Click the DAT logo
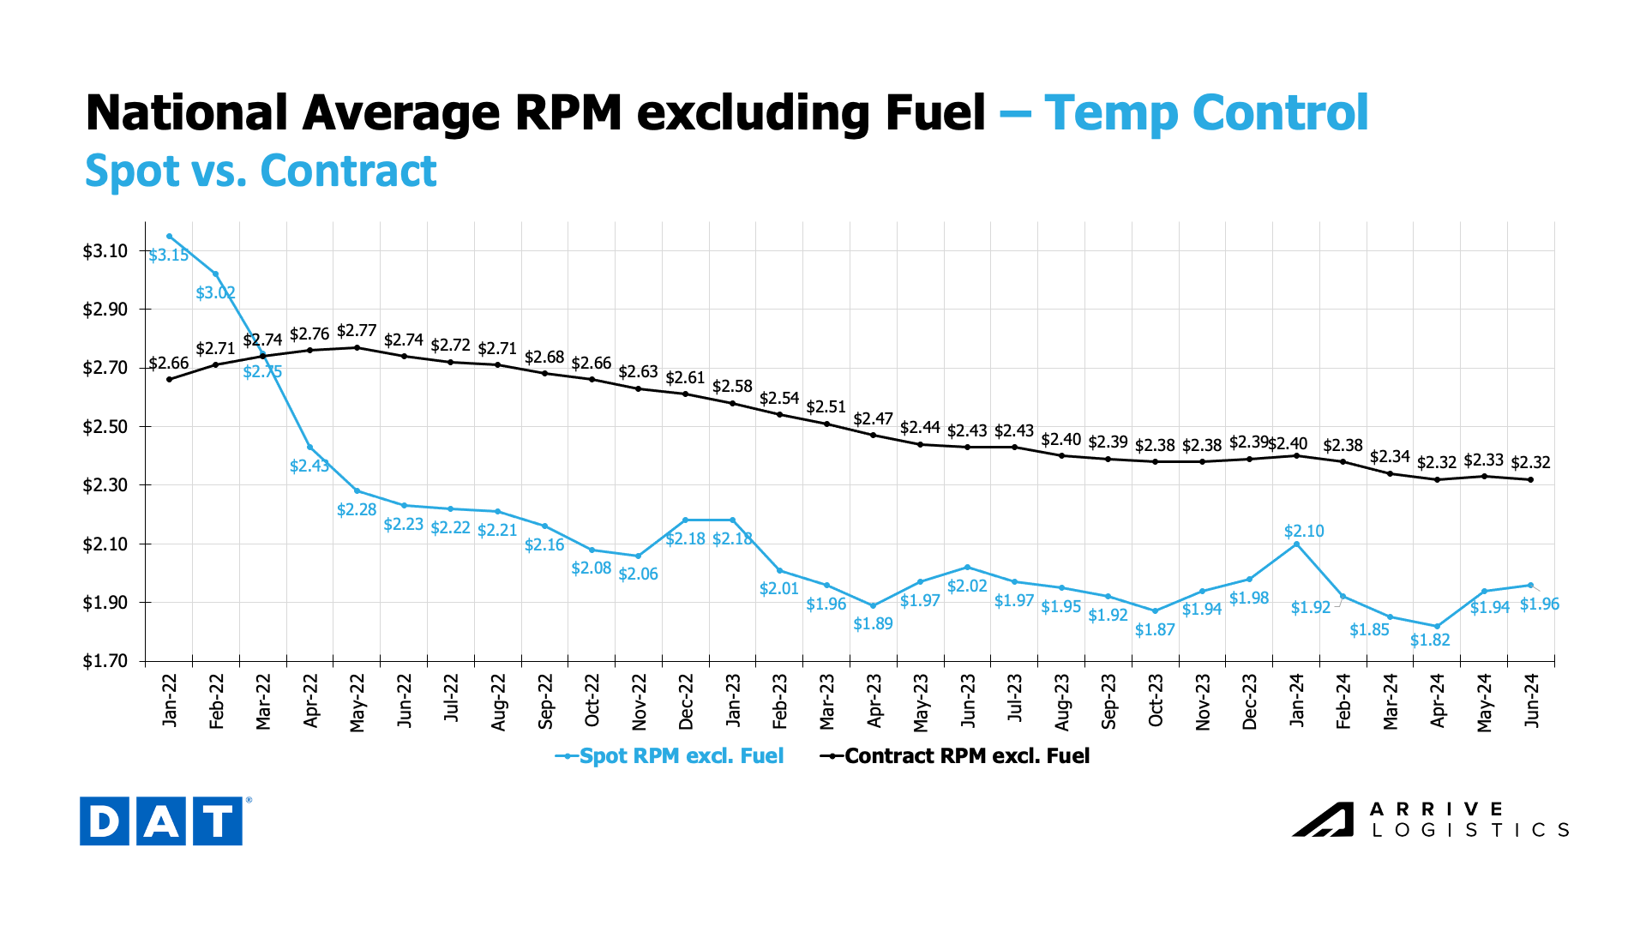(161, 821)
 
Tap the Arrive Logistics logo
(1430, 820)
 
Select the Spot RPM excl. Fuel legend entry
(670, 756)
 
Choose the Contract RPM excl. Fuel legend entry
(955, 756)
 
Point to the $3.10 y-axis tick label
(105, 251)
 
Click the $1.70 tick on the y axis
(105, 661)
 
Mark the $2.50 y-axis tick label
(105, 427)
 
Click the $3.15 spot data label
(168, 256)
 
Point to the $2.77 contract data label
(357, 331)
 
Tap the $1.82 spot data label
(1430, 640)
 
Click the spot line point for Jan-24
(1296, 544)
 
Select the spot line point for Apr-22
(309, 448)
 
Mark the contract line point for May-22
(357, 347)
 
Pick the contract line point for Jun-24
(1531, 479)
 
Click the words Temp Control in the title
(1205, 113)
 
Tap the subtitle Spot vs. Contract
(261, 171)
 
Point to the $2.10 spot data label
(1304, 532)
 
